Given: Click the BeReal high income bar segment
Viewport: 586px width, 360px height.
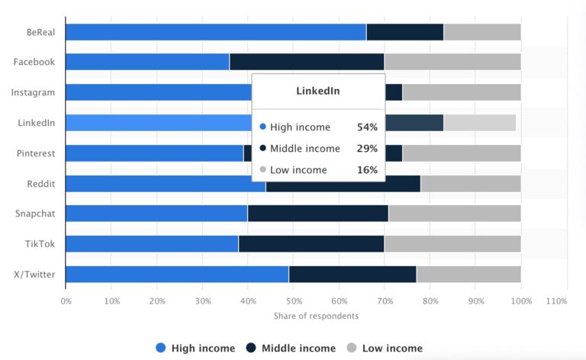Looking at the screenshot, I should tap(215, 32).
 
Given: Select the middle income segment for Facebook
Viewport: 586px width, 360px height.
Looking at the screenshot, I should tap(307, 62).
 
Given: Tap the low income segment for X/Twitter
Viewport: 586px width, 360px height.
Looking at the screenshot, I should tap(468, 274).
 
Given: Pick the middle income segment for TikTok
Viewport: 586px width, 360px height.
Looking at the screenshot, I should tap(311, 243).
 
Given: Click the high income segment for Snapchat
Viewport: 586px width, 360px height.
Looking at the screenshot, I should tap(156, 213).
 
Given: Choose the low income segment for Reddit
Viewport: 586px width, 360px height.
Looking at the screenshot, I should tap(470, 183).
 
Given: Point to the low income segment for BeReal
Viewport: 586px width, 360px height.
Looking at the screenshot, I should tap(482, 32).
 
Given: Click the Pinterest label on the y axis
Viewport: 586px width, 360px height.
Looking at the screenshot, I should tap(36, 153).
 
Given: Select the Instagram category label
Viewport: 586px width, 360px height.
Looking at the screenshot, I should tap(33, 92).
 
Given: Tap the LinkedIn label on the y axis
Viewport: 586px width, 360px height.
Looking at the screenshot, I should tap(36, 123).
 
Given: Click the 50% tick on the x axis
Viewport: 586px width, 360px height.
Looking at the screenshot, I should tap(294, 301).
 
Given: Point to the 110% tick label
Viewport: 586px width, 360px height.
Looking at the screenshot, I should tap(556, 301).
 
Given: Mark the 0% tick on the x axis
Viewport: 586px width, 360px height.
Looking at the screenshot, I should tap(66, 301).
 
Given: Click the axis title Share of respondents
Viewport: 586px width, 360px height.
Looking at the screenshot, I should tap(316, 316).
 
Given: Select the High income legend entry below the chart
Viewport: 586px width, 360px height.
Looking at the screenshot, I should tap(195, 349).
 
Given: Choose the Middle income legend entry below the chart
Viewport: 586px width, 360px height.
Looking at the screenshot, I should tap(290, 349).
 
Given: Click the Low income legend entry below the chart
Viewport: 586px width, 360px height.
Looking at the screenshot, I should tap(384, 349).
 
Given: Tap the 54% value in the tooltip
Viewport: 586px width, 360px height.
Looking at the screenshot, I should tap(367, 127).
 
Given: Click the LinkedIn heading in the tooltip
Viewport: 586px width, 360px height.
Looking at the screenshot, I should tap(318, 92).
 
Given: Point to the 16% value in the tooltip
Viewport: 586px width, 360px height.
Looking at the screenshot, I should tap(367, 170).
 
